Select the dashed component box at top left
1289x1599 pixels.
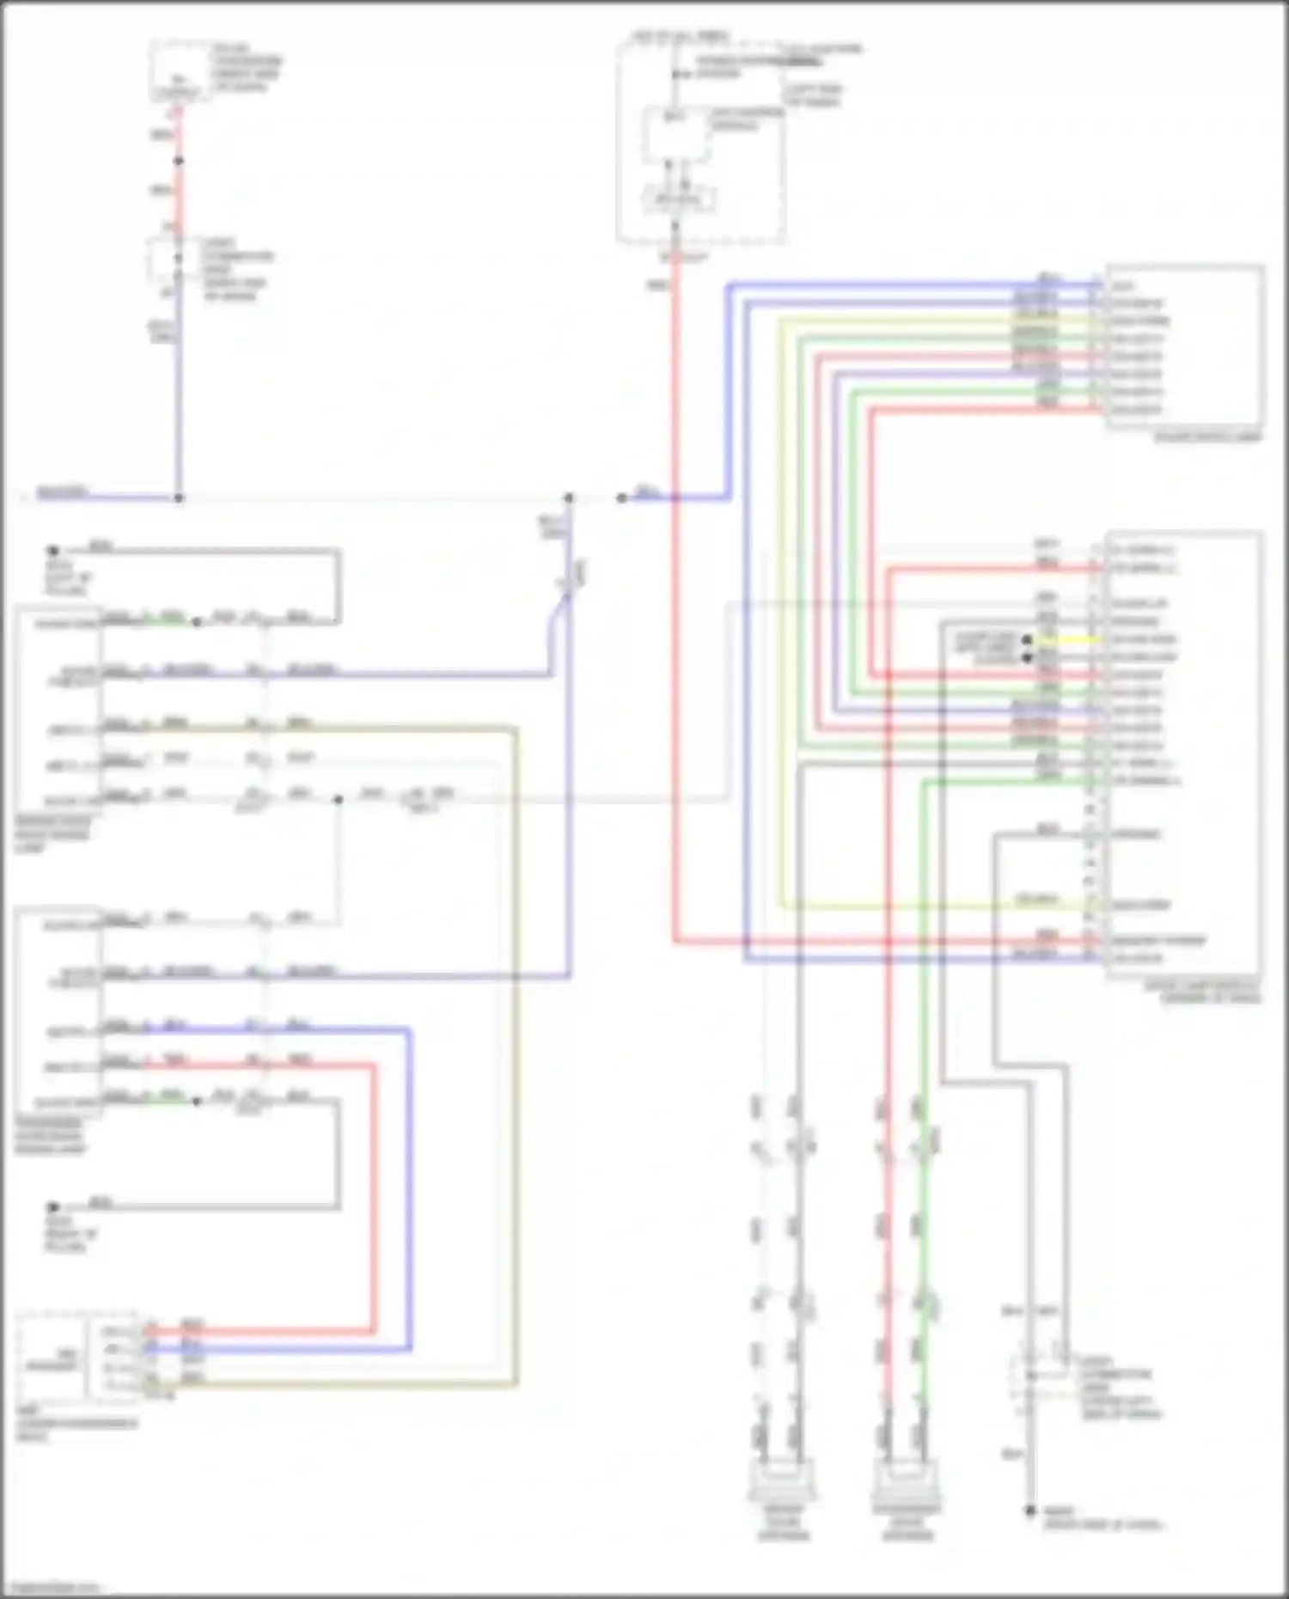point(180,71)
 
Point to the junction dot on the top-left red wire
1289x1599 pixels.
point(179,161)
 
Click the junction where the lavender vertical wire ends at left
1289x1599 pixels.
point(179,497)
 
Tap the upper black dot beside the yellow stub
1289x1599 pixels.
point(1026,640)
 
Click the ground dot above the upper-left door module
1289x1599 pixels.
point(53,550)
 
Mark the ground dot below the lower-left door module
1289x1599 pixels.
point(53,1206)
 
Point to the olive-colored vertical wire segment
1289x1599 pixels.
point(516,1031)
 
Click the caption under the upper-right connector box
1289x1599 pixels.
point(1207,437)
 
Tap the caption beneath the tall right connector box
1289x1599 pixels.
point(1203,992)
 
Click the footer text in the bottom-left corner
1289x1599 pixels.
point(52,1589)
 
